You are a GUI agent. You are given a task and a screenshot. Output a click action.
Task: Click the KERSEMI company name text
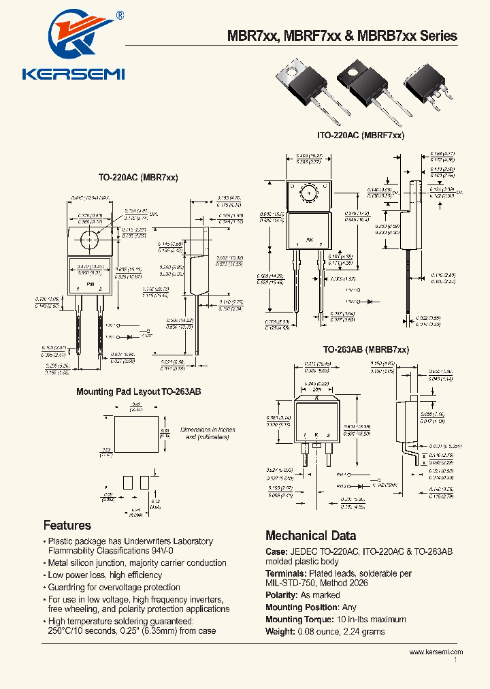tap(73, 74)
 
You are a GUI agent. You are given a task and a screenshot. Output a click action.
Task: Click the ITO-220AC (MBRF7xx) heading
tap(361, 135)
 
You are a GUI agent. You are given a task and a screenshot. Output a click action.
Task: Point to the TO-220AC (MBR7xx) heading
tap(138, 178)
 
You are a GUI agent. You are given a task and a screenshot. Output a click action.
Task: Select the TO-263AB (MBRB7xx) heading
tap(365, 349)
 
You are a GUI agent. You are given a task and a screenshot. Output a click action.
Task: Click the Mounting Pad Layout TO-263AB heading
tap(138, 392)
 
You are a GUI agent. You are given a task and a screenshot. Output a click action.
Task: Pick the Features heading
tap(67, 525)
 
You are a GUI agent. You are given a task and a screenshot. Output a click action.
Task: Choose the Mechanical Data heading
tap(310, 535)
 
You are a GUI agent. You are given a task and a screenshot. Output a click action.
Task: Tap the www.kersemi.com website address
tap(436, 652)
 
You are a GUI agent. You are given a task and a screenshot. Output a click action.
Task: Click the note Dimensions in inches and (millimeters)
tap(208, 434)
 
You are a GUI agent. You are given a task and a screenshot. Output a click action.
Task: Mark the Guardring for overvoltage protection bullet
tap(114, 587)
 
